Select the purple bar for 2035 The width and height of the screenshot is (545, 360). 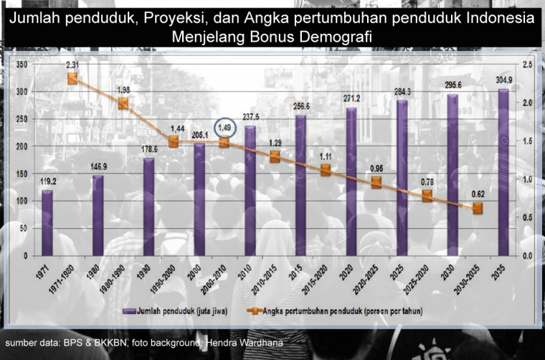503,172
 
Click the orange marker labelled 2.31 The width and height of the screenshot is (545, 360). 72,79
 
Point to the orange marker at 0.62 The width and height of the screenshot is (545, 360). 478,208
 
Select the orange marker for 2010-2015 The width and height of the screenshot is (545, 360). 275,157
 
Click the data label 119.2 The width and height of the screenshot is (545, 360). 47,182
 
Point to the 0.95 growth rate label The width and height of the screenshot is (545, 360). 376,169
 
